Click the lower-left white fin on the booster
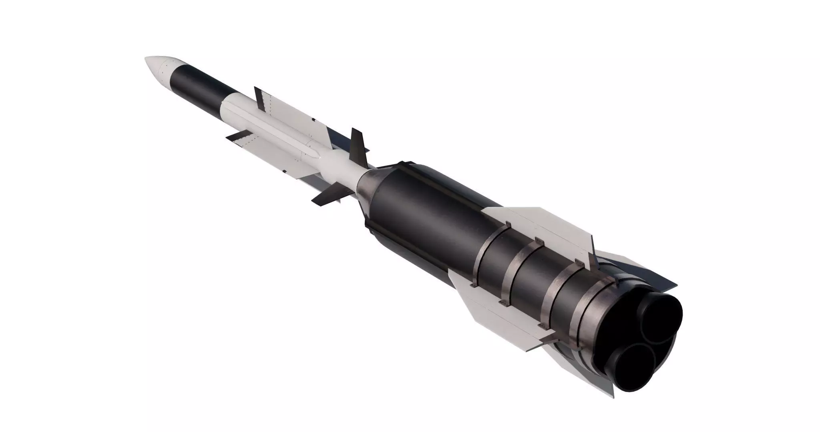[x=480, y=296]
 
